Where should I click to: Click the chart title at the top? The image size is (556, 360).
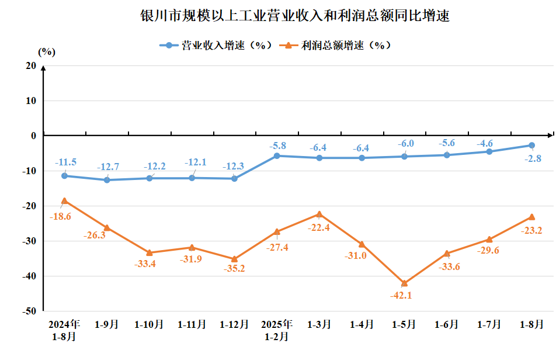(294, 16)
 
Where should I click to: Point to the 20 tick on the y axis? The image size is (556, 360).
(30, 65)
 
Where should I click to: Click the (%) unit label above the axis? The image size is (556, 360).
(46, 51)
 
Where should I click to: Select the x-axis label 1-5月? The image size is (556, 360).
(404, 324)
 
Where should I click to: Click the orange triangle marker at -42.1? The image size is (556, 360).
(404, 283)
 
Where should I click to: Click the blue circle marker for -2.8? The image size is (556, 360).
(531, 146)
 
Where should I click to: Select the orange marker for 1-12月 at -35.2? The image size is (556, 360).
(234, 259)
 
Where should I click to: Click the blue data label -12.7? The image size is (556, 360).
(107, 167)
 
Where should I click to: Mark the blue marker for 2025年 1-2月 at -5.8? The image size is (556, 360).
(277, 155)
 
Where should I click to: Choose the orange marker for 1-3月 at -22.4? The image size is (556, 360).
(319, 214)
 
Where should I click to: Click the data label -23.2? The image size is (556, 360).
(530, 231)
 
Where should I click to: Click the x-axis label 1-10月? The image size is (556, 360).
(149, 324)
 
